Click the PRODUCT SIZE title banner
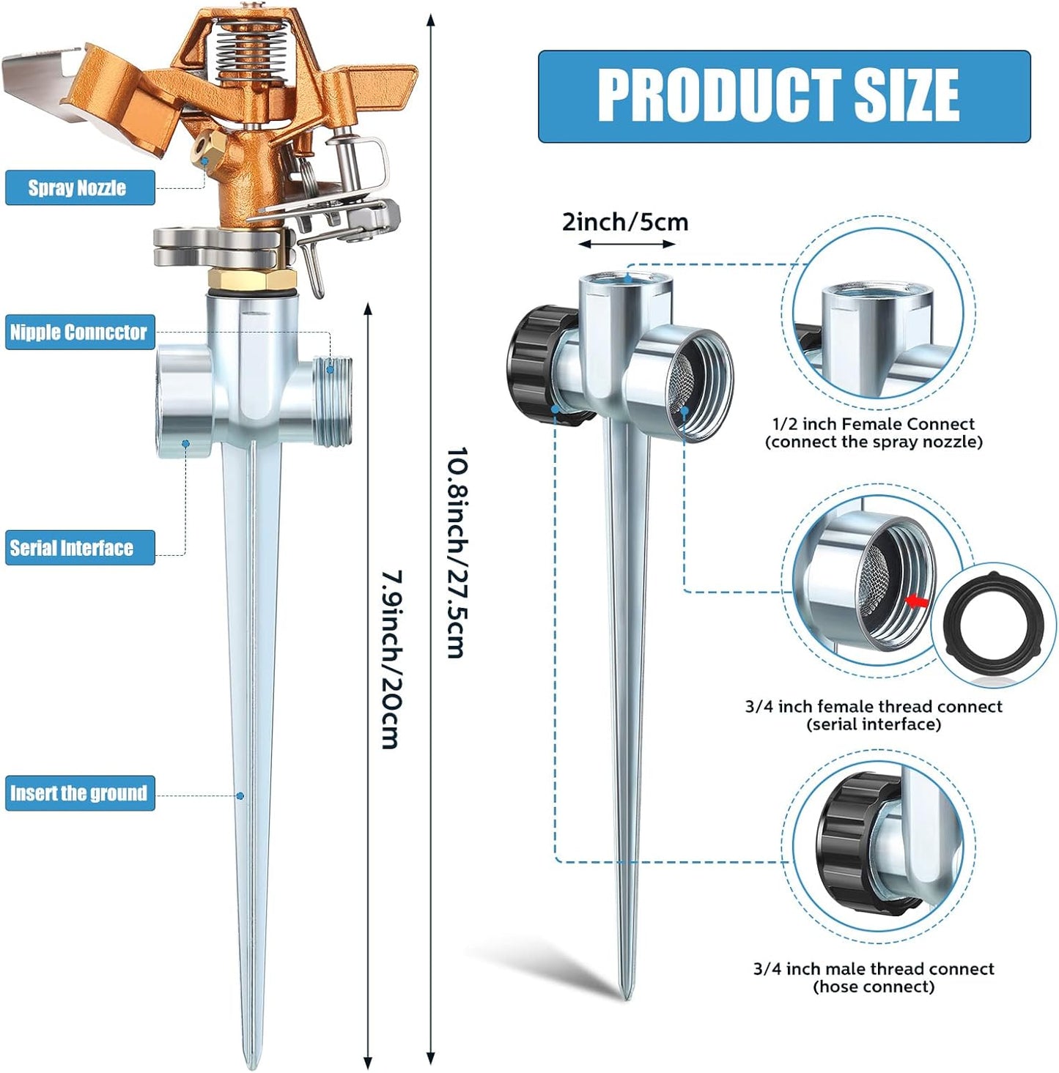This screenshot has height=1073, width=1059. point(783,96)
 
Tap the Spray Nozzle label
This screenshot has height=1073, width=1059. point(79,188)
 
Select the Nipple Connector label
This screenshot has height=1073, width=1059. point(79,333)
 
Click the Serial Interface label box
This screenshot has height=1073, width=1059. point(79,548)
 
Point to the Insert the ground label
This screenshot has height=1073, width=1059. point(79,793)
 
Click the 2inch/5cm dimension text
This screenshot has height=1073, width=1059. point(625,222)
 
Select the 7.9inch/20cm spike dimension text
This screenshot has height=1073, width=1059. point(391,659)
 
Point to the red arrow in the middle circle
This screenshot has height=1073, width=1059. point(916,601)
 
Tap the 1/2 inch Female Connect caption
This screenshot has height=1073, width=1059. point(874,433)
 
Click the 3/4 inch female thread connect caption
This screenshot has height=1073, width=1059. point(874,716)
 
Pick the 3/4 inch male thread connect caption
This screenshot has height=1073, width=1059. point(874,978)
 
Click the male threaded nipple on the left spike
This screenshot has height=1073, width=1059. point(333,401)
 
